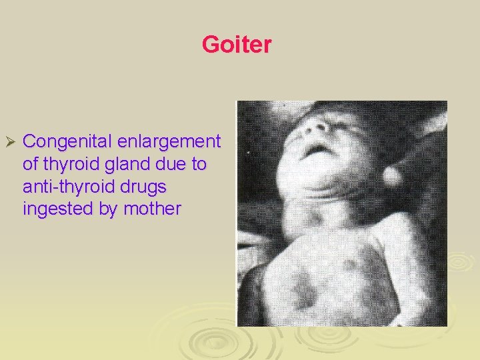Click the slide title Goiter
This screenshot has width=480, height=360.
(237, 45)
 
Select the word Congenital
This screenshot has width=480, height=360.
(67, 142)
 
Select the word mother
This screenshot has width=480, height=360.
(153, 209)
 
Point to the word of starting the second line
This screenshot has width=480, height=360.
(31, 164)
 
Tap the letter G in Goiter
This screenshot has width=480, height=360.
(210, 45)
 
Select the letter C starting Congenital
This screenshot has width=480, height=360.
(29, 142)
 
